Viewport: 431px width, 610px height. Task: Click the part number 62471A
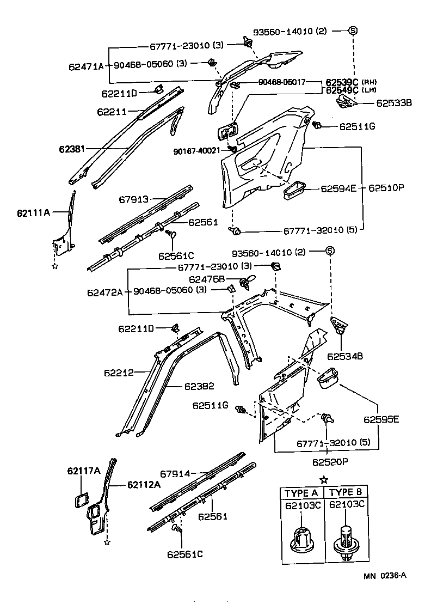pyautogui.click(x=86, y=66)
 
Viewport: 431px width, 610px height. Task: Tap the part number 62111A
pyautogui.click(x=33, y=213)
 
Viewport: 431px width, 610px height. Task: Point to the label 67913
pyautogui.click(x=134, y=200)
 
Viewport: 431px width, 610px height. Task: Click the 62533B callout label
pyautogui.click(x=395, y=102)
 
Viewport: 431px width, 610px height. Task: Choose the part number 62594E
pyautogui.click(x=338, y=188)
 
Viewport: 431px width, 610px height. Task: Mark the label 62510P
pyautogui.click(x=387, y=188)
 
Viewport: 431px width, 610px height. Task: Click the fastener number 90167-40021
pyautogui.click(x=196, y=151)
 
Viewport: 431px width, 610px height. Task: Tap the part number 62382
pyautogui.click(x=199, y=386)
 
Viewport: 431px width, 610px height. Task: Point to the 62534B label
pyautogui.click(x=345, y=356)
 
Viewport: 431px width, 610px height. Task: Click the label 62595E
pyautogui.click(x=381, y=419)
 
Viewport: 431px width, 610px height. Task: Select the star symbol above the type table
pyautogui.click(x=324, y=479)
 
